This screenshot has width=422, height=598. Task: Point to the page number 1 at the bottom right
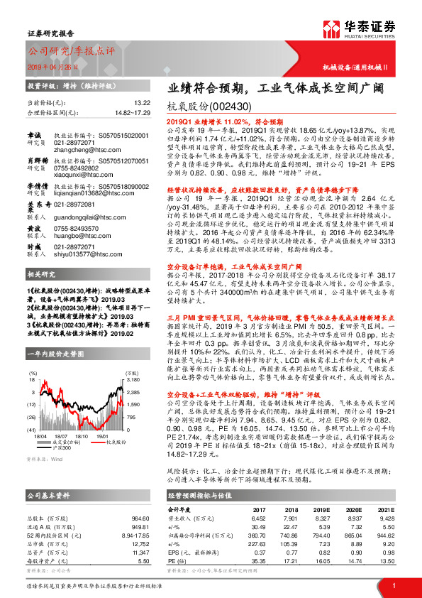[x=394, y=585]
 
